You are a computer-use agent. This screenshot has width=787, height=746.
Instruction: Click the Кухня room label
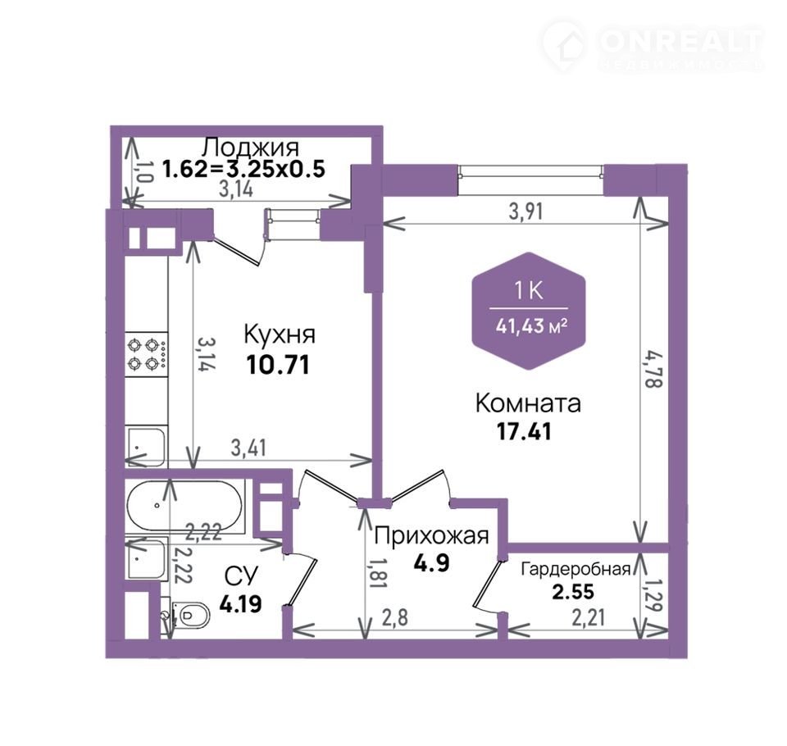coord(280,334)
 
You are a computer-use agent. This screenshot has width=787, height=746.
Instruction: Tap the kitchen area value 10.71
coord(278,365)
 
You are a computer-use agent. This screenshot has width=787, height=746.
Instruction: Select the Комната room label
coord(528,403)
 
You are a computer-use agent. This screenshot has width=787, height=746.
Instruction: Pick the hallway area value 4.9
coord(432,563)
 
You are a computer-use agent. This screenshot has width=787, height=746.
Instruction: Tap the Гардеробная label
coord(575,569)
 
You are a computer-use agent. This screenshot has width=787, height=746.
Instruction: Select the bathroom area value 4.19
coord(241,604)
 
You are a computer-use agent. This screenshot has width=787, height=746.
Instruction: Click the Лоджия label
coord(250,147)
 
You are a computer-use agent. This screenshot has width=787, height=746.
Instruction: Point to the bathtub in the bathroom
coord(184,505)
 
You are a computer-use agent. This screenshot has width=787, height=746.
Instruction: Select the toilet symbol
coord(189,615)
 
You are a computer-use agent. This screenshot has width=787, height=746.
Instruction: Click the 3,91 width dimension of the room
coord(525,212)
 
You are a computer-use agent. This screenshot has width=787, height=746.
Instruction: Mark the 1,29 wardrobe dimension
coord(654,595)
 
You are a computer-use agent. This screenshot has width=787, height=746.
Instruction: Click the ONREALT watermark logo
coord(653,46)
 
